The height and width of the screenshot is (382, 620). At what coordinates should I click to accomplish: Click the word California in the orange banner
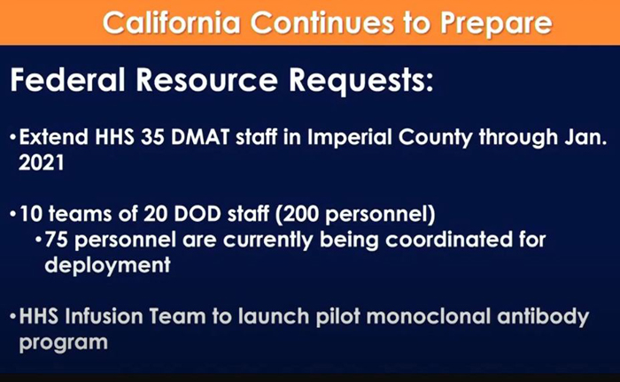(x=172, y=23)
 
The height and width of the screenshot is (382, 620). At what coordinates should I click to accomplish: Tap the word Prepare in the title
(x=496, y=25)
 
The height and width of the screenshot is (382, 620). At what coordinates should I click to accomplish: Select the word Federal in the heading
(x=67, y=80)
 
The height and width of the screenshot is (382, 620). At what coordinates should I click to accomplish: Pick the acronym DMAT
(x=200, y=137)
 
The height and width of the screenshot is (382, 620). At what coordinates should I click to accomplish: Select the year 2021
(x=42, y=162)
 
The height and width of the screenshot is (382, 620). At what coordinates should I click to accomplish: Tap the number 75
(x=56, y=240)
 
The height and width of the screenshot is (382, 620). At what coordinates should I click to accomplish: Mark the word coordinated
(x=449, y=240)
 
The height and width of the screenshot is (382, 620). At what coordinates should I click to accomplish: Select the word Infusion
(x=104, y=317)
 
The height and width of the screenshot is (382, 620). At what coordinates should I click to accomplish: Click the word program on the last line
(x=63, y=343)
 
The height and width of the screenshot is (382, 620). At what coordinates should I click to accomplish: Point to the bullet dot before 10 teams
(x=13, y=215)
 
